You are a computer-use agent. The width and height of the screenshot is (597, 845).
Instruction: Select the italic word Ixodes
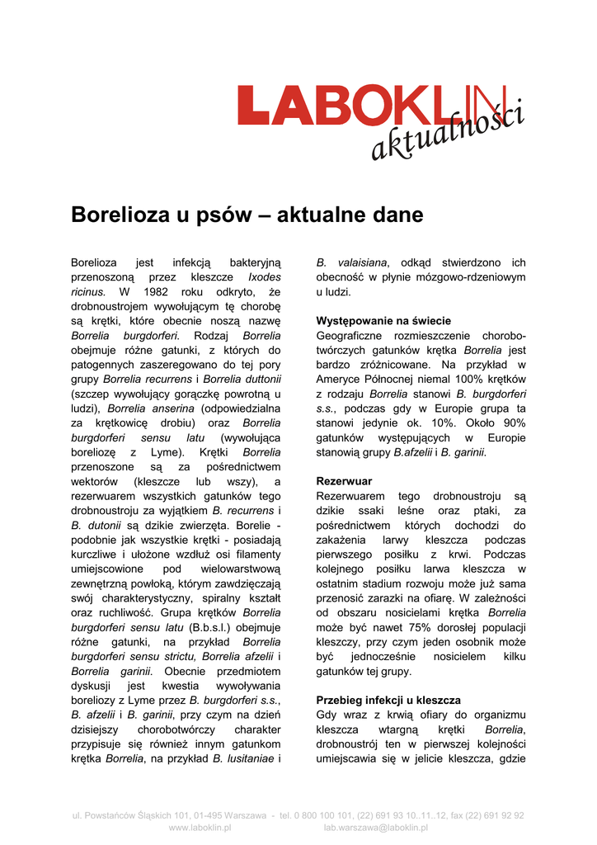pos(264,277)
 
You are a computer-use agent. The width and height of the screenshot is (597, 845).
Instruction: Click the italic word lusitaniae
pos(242,758)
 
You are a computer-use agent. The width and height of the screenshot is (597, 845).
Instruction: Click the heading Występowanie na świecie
pos(383,321)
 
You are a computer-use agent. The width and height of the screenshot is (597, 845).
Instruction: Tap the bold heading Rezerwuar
pos(344,480)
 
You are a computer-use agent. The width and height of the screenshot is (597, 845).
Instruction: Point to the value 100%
pos(432,379)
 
